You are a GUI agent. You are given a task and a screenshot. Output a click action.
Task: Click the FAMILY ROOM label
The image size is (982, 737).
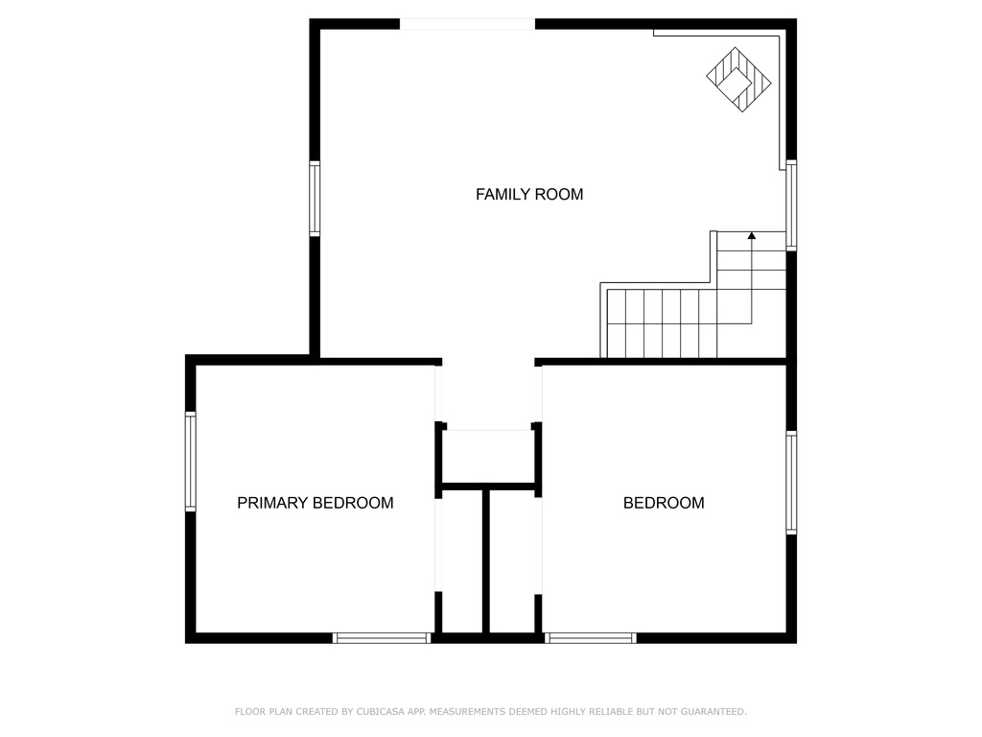[x=529, y=194]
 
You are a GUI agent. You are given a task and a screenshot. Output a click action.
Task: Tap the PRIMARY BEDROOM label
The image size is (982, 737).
[x=315, y=503]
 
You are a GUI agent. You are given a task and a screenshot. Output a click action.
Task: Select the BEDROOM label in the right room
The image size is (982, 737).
[x=664, y=503]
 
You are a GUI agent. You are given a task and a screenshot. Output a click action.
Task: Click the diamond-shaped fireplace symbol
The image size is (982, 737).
[x=739, y=80]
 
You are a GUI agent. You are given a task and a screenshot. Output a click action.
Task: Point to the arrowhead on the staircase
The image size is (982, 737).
[x=752, y=236]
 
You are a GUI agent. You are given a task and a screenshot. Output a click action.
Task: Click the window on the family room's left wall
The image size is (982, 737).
[x=315, y=199]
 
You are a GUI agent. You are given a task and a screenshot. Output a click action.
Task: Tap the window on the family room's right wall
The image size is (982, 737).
[x=791, y=205]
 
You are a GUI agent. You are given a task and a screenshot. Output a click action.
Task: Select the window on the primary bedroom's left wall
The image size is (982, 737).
[x=191, y=462]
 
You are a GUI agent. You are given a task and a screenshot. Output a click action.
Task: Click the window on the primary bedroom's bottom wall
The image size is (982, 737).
[x=382, y=638]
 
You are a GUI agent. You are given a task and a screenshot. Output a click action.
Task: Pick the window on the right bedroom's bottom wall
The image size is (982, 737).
[x=591, y=638]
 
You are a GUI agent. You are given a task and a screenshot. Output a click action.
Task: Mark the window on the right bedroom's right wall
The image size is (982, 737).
[x=791, y=483]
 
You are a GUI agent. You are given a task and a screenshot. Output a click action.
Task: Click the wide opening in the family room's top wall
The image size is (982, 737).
[x=467, y=24]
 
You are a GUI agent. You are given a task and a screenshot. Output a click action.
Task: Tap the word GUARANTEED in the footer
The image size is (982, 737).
[x=713, y=711]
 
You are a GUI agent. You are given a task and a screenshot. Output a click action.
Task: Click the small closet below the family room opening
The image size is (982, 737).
[x=488, y=456]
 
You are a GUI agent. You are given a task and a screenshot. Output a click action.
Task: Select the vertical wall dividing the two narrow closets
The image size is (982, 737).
[x=486, y=561]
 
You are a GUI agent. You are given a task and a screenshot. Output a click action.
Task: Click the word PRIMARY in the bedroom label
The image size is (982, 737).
[x=272, y=503]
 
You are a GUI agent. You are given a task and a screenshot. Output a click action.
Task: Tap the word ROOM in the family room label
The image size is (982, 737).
[x=561, y=194]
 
